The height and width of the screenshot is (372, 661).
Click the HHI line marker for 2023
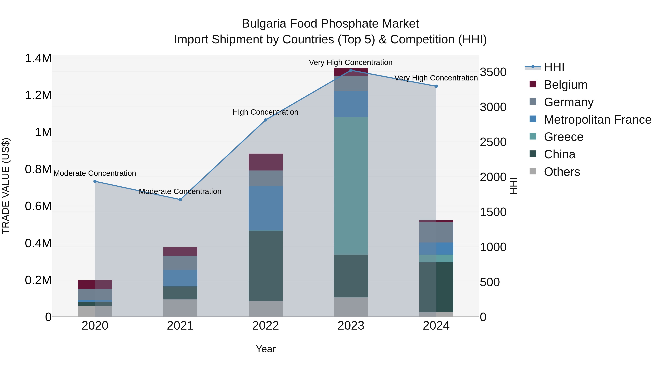point(351,70)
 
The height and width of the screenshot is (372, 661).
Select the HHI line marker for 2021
point(180,200)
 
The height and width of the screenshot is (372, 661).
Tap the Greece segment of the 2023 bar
point(351,186)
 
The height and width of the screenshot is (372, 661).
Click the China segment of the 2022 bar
point(266,266)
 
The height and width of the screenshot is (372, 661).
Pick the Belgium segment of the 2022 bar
point(266,162)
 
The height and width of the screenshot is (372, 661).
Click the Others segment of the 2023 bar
point(351,307)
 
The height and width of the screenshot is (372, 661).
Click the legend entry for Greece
point(563,137)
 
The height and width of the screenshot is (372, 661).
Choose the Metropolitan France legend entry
point(597,120)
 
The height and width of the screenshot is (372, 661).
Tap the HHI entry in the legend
point(554,67)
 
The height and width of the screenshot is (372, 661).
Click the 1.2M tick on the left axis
point(38,95)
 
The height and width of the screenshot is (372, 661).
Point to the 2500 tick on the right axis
point(493,142)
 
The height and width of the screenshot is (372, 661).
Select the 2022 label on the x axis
point(266,326)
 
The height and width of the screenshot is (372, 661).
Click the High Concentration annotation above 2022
point(265,112)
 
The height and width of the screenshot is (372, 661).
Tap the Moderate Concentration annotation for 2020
point(95,173)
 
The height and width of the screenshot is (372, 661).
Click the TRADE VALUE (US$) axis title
point(6,186)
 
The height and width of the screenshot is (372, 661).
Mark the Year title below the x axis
point(266,349)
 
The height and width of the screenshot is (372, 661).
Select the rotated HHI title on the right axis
point(513,186)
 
